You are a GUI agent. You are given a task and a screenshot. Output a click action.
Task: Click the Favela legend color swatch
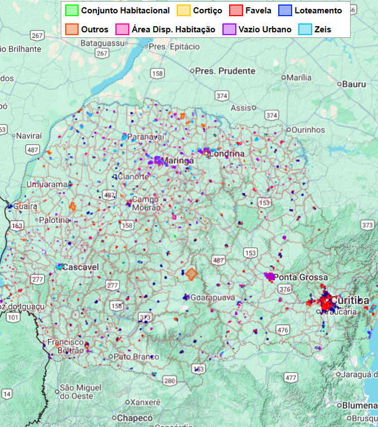[x=236, y=11]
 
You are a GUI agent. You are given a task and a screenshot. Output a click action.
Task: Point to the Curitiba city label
[x=350, y=300]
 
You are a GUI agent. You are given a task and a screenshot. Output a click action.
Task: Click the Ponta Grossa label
[x=301, y=277]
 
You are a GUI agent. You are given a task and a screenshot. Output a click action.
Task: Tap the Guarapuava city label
[x=213, y=298]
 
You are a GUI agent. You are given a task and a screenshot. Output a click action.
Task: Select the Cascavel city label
[x=80, y=267]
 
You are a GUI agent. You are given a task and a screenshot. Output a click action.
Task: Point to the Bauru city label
[x=355, y=84]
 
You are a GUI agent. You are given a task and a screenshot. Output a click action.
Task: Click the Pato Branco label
[x=134, y=356]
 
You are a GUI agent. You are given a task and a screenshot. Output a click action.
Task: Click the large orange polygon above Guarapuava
[x=191, y=274]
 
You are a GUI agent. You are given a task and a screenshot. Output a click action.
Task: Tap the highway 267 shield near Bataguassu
[x=101, y=54]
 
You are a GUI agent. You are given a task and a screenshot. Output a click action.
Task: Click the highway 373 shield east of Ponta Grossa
[x=367, y=225]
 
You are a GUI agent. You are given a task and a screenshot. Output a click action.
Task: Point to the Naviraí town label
[x=29, y=135]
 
